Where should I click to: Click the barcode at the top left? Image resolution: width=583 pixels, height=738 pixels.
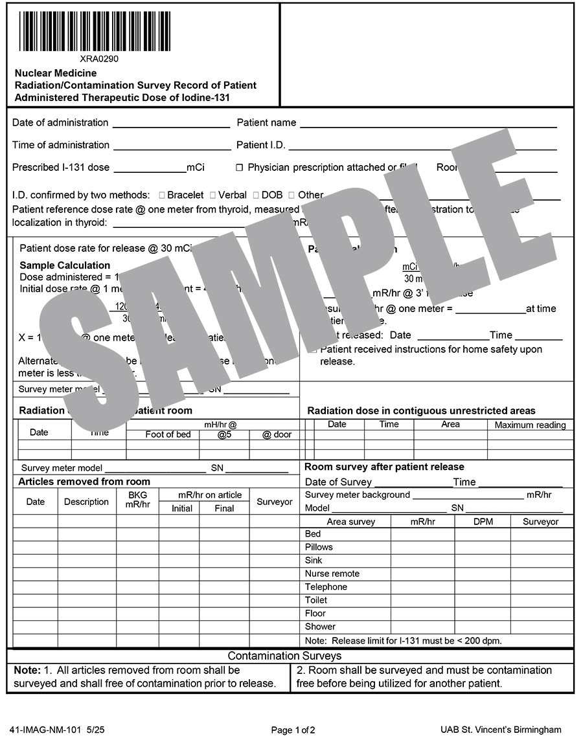click(x=95, y=31)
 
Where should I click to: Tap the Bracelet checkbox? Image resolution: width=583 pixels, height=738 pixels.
click(x=162, y=195)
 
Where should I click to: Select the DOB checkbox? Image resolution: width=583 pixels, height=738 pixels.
click(x=256, y=195)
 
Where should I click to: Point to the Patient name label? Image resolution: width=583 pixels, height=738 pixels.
click(x=266, y=122)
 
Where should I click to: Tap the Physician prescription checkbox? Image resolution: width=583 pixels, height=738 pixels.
click(x=239, y=168)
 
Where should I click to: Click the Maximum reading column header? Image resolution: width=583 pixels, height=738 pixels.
click(x=530, y=425)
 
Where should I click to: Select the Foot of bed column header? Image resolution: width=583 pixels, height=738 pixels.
click(x=168, y=434)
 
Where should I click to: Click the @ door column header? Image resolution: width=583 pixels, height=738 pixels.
click(x=277, y=434)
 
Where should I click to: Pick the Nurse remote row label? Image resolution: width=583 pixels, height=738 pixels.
click(x=332, y=574)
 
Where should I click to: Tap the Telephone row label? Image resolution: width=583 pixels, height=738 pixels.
click(x=326, y=587)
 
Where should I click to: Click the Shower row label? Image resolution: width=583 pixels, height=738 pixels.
click(x=320, y=627)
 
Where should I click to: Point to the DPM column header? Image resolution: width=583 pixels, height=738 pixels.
click(x=483, y=521)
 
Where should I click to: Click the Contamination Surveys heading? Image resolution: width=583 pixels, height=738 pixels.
click(x=290, y=656)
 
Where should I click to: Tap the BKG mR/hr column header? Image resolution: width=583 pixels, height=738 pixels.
click(x=137, y=500)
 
